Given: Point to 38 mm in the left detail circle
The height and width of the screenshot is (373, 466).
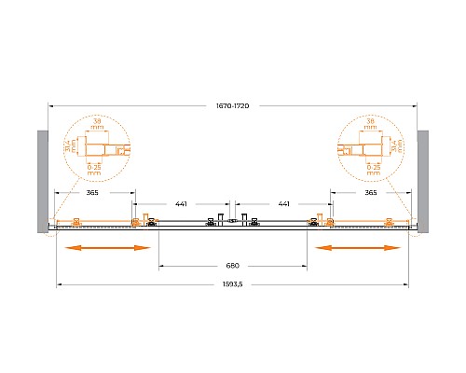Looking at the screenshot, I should coord(98,123).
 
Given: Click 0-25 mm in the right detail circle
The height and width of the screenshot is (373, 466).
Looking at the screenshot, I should coord(372,169).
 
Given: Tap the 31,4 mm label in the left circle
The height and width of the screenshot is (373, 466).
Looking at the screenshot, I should coord(70,145).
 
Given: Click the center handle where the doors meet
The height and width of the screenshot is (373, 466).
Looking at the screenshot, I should coord(233,220).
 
